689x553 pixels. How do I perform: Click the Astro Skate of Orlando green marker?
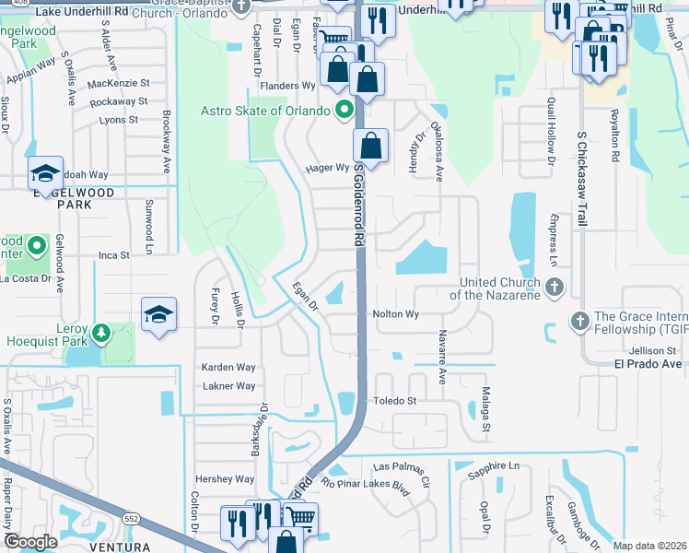point(345,112)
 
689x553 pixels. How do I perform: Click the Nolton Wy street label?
point(396,314)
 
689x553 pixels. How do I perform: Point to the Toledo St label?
point(394,401)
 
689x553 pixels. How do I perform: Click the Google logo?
point(29,541)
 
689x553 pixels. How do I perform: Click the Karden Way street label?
point(228,367)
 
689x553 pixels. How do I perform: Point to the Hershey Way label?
point(224,479)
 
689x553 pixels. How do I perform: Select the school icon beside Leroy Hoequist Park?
point(158,314)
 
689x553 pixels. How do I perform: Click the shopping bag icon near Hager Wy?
point(370,146)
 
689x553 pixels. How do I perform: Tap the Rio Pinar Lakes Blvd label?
point(364,485)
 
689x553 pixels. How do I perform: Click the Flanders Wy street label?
point(286,85)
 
